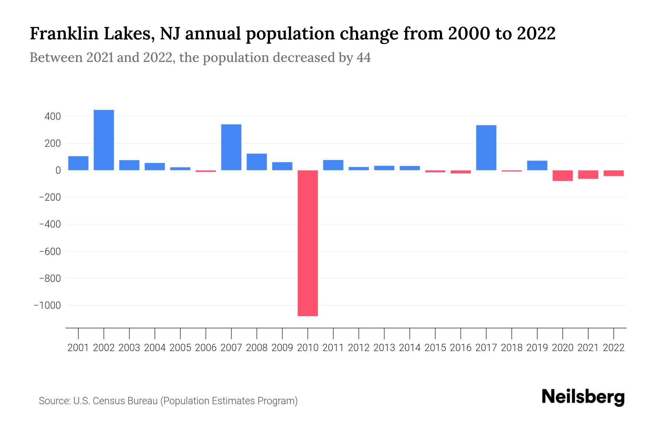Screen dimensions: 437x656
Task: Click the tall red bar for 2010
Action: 308,243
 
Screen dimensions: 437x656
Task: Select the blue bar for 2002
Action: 104,140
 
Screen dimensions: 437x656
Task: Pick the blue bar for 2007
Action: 231,147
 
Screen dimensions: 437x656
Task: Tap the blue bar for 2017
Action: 486,147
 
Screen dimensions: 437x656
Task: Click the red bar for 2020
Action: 563,176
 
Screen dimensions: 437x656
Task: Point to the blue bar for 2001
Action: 78,163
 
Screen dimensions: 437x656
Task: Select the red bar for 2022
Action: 614,173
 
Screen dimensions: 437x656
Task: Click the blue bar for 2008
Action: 257,162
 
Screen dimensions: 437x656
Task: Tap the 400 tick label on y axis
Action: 52,117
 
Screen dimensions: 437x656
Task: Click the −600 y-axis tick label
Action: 50,251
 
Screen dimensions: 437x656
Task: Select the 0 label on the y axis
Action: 58,170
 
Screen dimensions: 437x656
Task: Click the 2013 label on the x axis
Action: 384,348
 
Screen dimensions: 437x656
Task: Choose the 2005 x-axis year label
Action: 180,348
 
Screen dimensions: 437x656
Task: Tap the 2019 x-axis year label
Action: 537,348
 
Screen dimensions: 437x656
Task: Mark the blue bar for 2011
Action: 333,165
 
